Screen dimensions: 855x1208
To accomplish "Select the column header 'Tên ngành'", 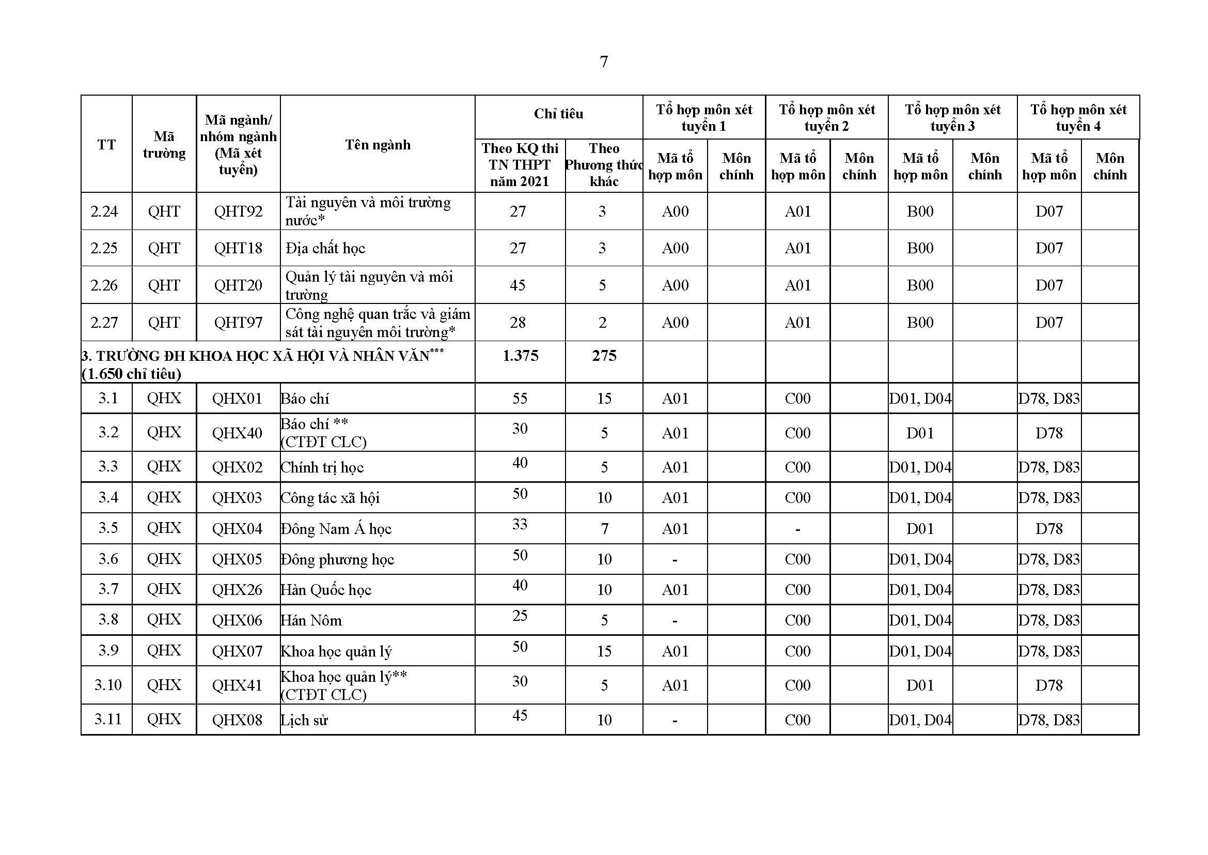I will [377, 145].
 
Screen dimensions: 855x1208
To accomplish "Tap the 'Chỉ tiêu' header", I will [558, 114].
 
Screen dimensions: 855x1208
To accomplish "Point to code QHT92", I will [238, 211].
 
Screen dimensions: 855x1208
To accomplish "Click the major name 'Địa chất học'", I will [325, 248].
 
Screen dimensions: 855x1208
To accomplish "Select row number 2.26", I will [104, 285].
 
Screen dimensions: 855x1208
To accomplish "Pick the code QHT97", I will [238, 322].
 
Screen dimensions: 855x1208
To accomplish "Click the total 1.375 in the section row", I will [520, 356].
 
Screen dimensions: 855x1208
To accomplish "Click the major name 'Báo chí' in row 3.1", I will [305, 399].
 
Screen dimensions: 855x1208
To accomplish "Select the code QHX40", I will [237, 433].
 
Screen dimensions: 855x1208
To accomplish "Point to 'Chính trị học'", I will [322, 467].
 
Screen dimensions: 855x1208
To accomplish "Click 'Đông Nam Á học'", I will [336, 529].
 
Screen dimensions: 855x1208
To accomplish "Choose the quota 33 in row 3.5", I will [520, 524].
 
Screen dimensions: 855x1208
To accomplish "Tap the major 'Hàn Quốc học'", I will [326, 590].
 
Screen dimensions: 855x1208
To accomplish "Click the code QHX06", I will [237, 620].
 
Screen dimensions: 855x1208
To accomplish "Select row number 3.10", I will [108, 685].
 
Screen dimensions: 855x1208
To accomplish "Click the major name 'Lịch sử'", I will [304, 720].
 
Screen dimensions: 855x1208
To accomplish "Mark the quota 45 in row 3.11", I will [520, 715].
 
